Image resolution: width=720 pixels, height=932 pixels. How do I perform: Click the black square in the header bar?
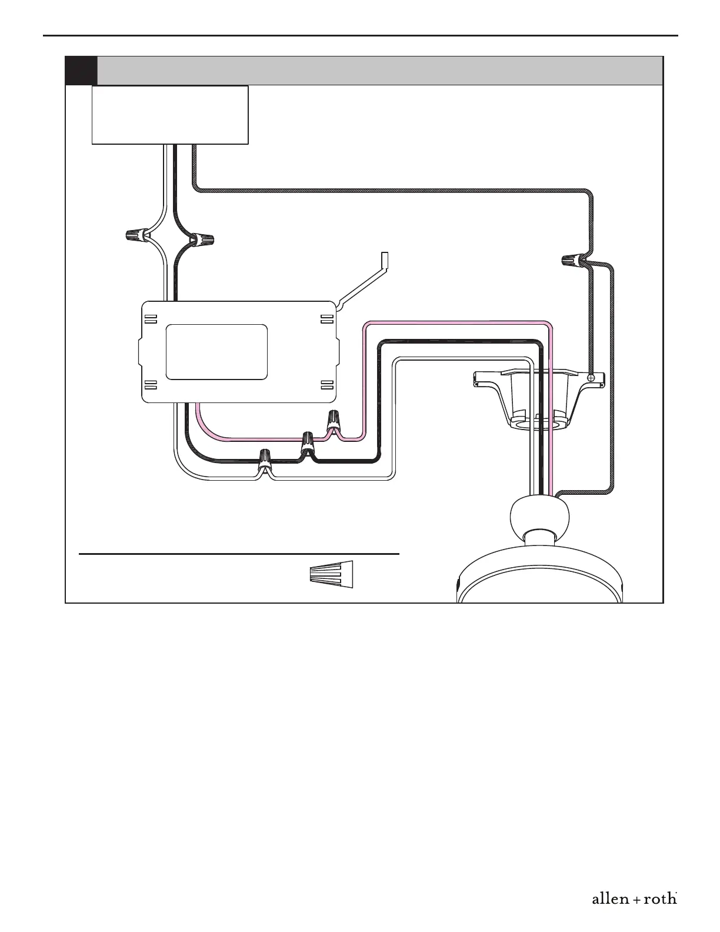click(x=81, y=71)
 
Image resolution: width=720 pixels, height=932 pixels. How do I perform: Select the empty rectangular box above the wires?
click(x=170, y=115)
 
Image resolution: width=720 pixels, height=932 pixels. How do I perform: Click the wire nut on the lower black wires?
click(x=308, y=442)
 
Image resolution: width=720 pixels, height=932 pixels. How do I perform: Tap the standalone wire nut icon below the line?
click(x=332, y=574)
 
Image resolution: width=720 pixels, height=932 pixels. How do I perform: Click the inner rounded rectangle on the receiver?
click(x=216, y=352)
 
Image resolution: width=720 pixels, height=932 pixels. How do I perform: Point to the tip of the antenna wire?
click(x=385, y=259)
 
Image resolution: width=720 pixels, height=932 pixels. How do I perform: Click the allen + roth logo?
click(x=634, y=899)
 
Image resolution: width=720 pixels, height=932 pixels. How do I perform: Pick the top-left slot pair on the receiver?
click(x=151, y=319)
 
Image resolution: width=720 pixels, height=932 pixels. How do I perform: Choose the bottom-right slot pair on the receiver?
click(x=326, y=385)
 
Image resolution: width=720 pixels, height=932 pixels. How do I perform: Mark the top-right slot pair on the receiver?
click(x=326, y=319)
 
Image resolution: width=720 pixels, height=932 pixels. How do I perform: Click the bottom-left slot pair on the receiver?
click(x=151, y=385)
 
